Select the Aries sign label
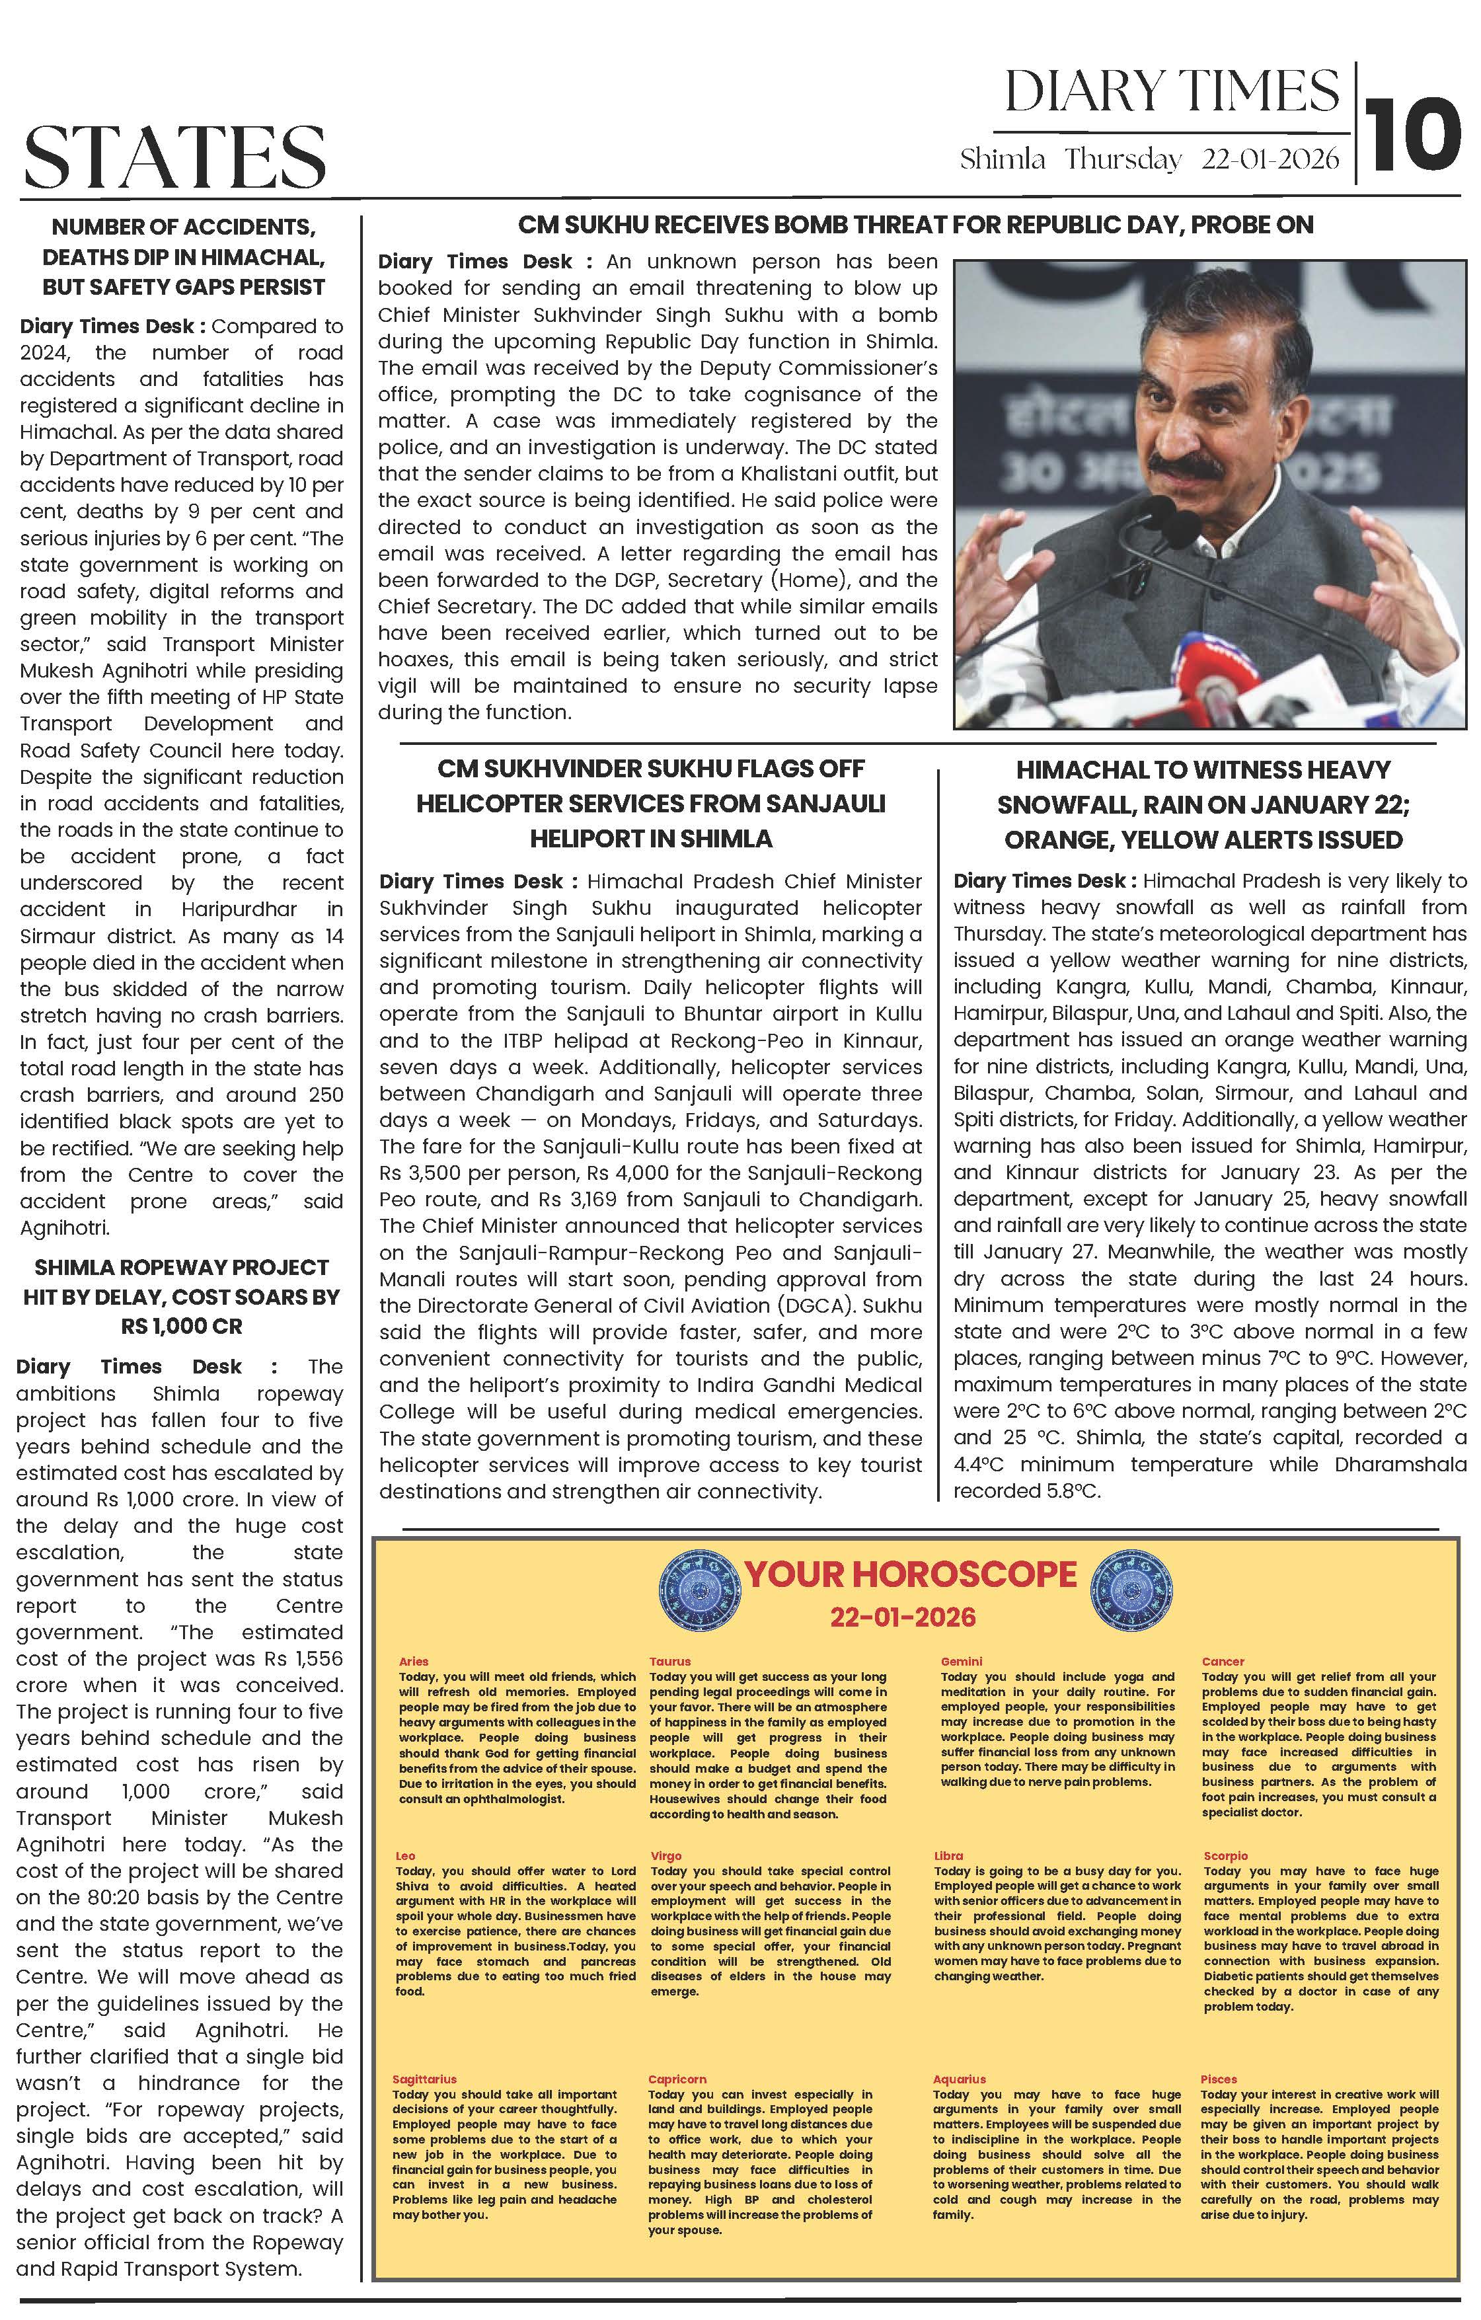413,1661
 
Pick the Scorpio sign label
1225,1855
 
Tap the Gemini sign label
961,1661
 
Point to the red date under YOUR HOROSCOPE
903,1617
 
